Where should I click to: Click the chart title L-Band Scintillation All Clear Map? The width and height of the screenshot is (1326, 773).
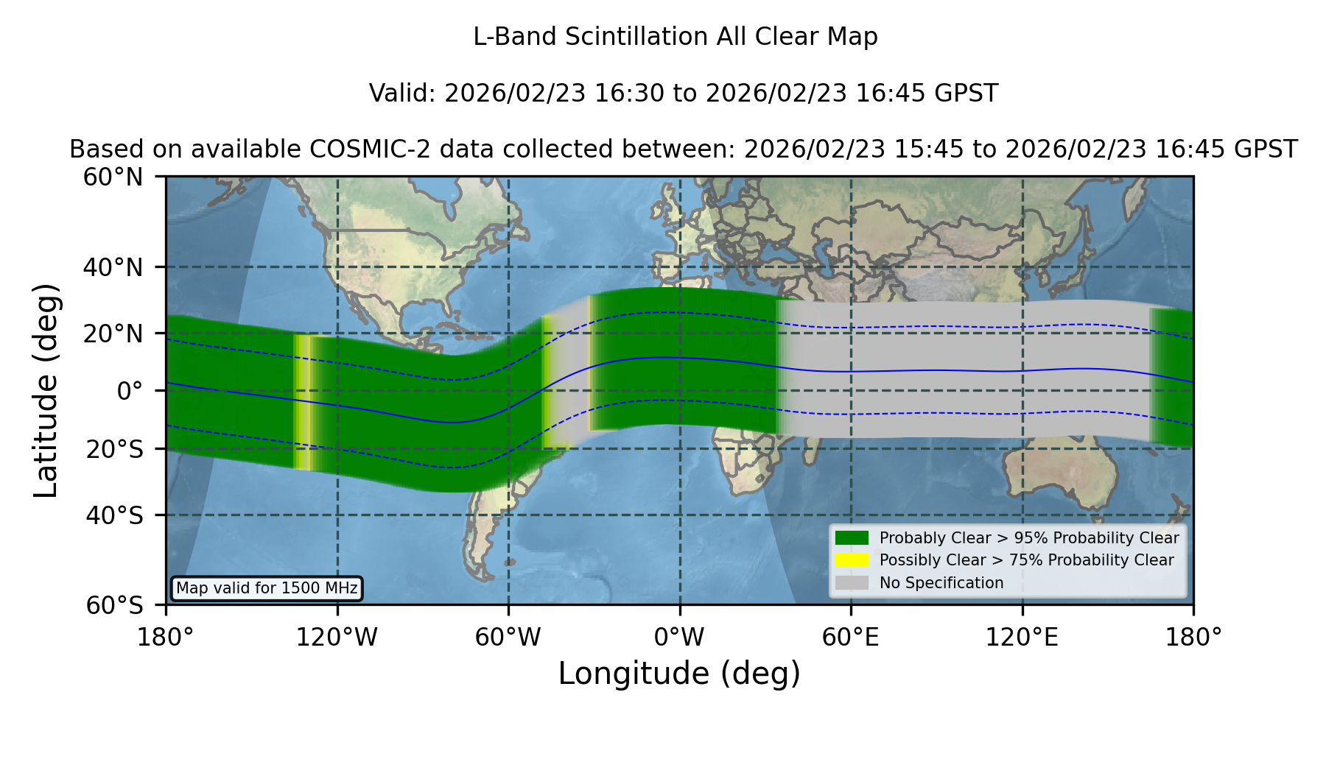pyautogui.click(x=675, y=37)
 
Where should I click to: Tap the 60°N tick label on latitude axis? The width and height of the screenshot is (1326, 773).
pyautogui.click(x=113, y=177)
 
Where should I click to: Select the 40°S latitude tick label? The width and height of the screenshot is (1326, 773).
pyautogui.click(x=114, y=515)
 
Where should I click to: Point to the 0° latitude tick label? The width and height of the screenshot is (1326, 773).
pyautogui.click(x=130, y=391)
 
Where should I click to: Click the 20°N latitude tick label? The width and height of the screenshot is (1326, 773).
pyautogui.click(x=113, y=333)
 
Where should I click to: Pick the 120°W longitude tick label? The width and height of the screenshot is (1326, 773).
pyautogui.click(x=337, y=638)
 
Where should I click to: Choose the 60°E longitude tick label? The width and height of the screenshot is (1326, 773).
pyautogui.click(x=851, y=638)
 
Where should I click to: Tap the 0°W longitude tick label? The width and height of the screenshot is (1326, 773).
pyautogui.click(x=679, y=638)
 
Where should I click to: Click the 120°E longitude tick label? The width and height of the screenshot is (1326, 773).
pyautogui.click(x=1022, y=638)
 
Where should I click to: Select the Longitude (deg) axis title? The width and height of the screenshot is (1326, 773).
pyautogui.click(x=679, y=674)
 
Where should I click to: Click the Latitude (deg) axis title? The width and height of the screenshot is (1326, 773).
pyautogui.click(x=46, y=390)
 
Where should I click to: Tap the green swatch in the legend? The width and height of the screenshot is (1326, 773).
pyautogui.click(x=852, y=538)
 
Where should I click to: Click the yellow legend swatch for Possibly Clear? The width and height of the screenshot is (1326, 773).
pyautogui.click(x=852, y=560)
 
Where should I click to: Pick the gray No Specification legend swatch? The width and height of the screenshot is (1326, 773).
pyautogui.click(x=852, y=583)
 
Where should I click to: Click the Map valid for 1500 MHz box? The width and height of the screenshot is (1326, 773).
pyautogui.click(x=267, y=588)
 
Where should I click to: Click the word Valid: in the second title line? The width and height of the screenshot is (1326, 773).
pyautogui.click(x=403, y=93)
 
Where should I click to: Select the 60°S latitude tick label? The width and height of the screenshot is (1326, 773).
pyautogui.click(x=114, y=606)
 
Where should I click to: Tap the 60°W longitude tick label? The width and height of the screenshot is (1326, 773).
pyautogui.click(x=508, y=638)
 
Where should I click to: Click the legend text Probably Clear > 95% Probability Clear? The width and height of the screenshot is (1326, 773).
pyautogui.click(x=1029, y=538)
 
